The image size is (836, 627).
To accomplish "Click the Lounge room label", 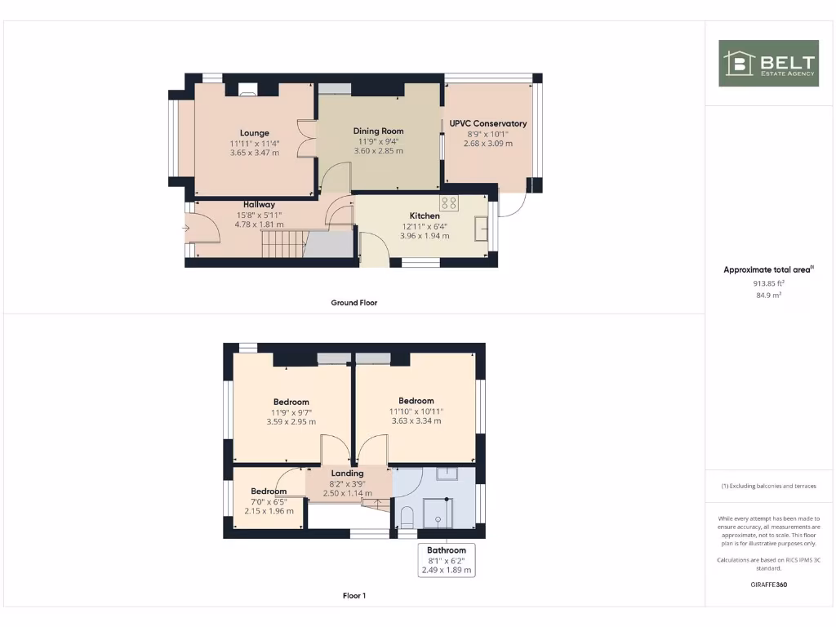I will tap(255, 133).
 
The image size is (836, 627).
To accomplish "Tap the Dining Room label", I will tap(378, 131).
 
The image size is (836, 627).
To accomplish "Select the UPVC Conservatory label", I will tap(488, 123).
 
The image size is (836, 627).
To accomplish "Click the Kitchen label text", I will tap(425, 216).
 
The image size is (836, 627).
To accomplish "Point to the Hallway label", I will tap(259, 204).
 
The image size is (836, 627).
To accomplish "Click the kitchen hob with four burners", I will tap(450, 202).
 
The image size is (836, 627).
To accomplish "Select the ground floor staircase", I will tap(282, 242).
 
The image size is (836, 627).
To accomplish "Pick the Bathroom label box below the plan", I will tap(446, 560).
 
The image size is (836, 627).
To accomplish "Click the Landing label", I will tap(347, 473).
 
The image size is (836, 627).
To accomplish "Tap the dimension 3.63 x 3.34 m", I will tap(416, 421).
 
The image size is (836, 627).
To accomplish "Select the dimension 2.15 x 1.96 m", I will tap(269, 511).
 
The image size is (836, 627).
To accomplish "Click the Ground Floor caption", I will tap(354, 302).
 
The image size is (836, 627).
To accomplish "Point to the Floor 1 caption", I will tap(354, 596).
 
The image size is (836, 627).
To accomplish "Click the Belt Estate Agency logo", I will tap(767, 63).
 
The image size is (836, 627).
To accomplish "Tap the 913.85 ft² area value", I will tap(767, 283).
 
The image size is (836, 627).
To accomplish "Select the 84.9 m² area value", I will tap(767, 296).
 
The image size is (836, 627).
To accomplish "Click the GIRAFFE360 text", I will tap(767, 585).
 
